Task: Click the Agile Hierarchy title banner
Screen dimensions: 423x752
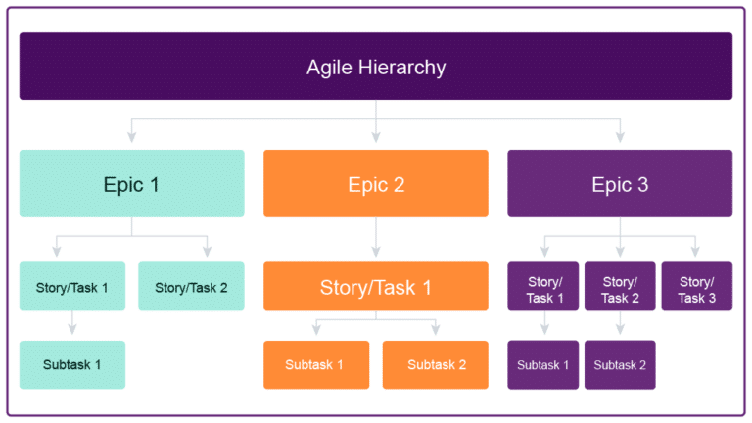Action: click(x=376, y=67)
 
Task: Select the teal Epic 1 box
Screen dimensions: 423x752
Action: click(x=132, y=183)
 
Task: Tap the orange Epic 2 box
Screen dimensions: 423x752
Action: click(x=376, y=183)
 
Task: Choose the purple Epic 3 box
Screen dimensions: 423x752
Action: click(x=620, y=183)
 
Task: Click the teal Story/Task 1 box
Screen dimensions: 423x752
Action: click(x=72, y=286)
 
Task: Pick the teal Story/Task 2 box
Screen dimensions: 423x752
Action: click(x=191, y=286)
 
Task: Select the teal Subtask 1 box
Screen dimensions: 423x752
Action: click(x=72, y=364)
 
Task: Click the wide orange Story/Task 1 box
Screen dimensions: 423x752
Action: click(x=376, y=286)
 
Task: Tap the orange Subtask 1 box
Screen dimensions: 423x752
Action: click(x=315, y=364)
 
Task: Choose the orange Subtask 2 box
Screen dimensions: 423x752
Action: click(x=436, y=364)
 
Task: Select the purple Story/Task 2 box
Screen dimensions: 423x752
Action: click(x=620, y=286)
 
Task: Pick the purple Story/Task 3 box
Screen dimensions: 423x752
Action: click(x=696, y=286)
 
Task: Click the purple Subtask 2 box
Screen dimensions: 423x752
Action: click(x=620, y=364)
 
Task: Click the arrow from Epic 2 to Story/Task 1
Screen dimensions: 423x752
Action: click(x=376, y=239)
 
